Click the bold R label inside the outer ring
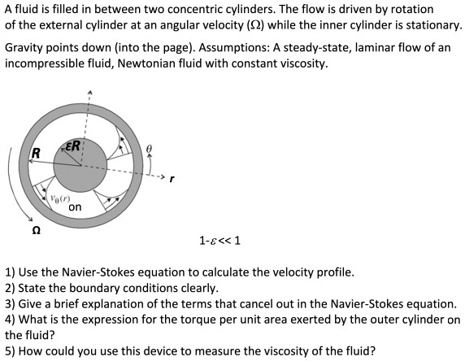tap(36, 154)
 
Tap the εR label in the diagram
tap(72, 147)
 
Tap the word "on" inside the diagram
tap(75, 207)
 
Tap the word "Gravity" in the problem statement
tap(26, 48)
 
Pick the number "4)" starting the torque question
tap(11, 320)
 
